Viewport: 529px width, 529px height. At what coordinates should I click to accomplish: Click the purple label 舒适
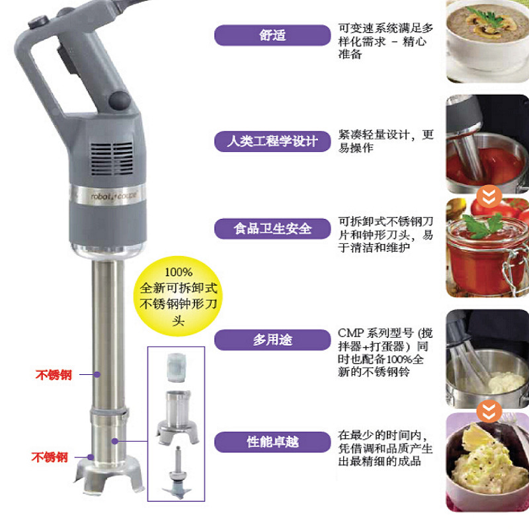272,35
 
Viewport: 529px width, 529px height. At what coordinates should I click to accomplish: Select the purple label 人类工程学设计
272,141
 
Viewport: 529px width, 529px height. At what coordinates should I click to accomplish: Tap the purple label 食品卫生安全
272,228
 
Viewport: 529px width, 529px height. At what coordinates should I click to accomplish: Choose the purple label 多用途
272,340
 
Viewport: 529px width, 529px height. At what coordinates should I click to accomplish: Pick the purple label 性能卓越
272,441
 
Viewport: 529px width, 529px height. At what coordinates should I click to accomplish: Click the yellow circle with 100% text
179,295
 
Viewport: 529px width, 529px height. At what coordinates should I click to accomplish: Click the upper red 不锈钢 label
54,375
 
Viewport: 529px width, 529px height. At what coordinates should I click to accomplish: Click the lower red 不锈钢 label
50,457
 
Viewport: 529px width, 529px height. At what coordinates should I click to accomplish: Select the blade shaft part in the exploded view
178,473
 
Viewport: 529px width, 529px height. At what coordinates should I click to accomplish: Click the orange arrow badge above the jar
488,196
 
